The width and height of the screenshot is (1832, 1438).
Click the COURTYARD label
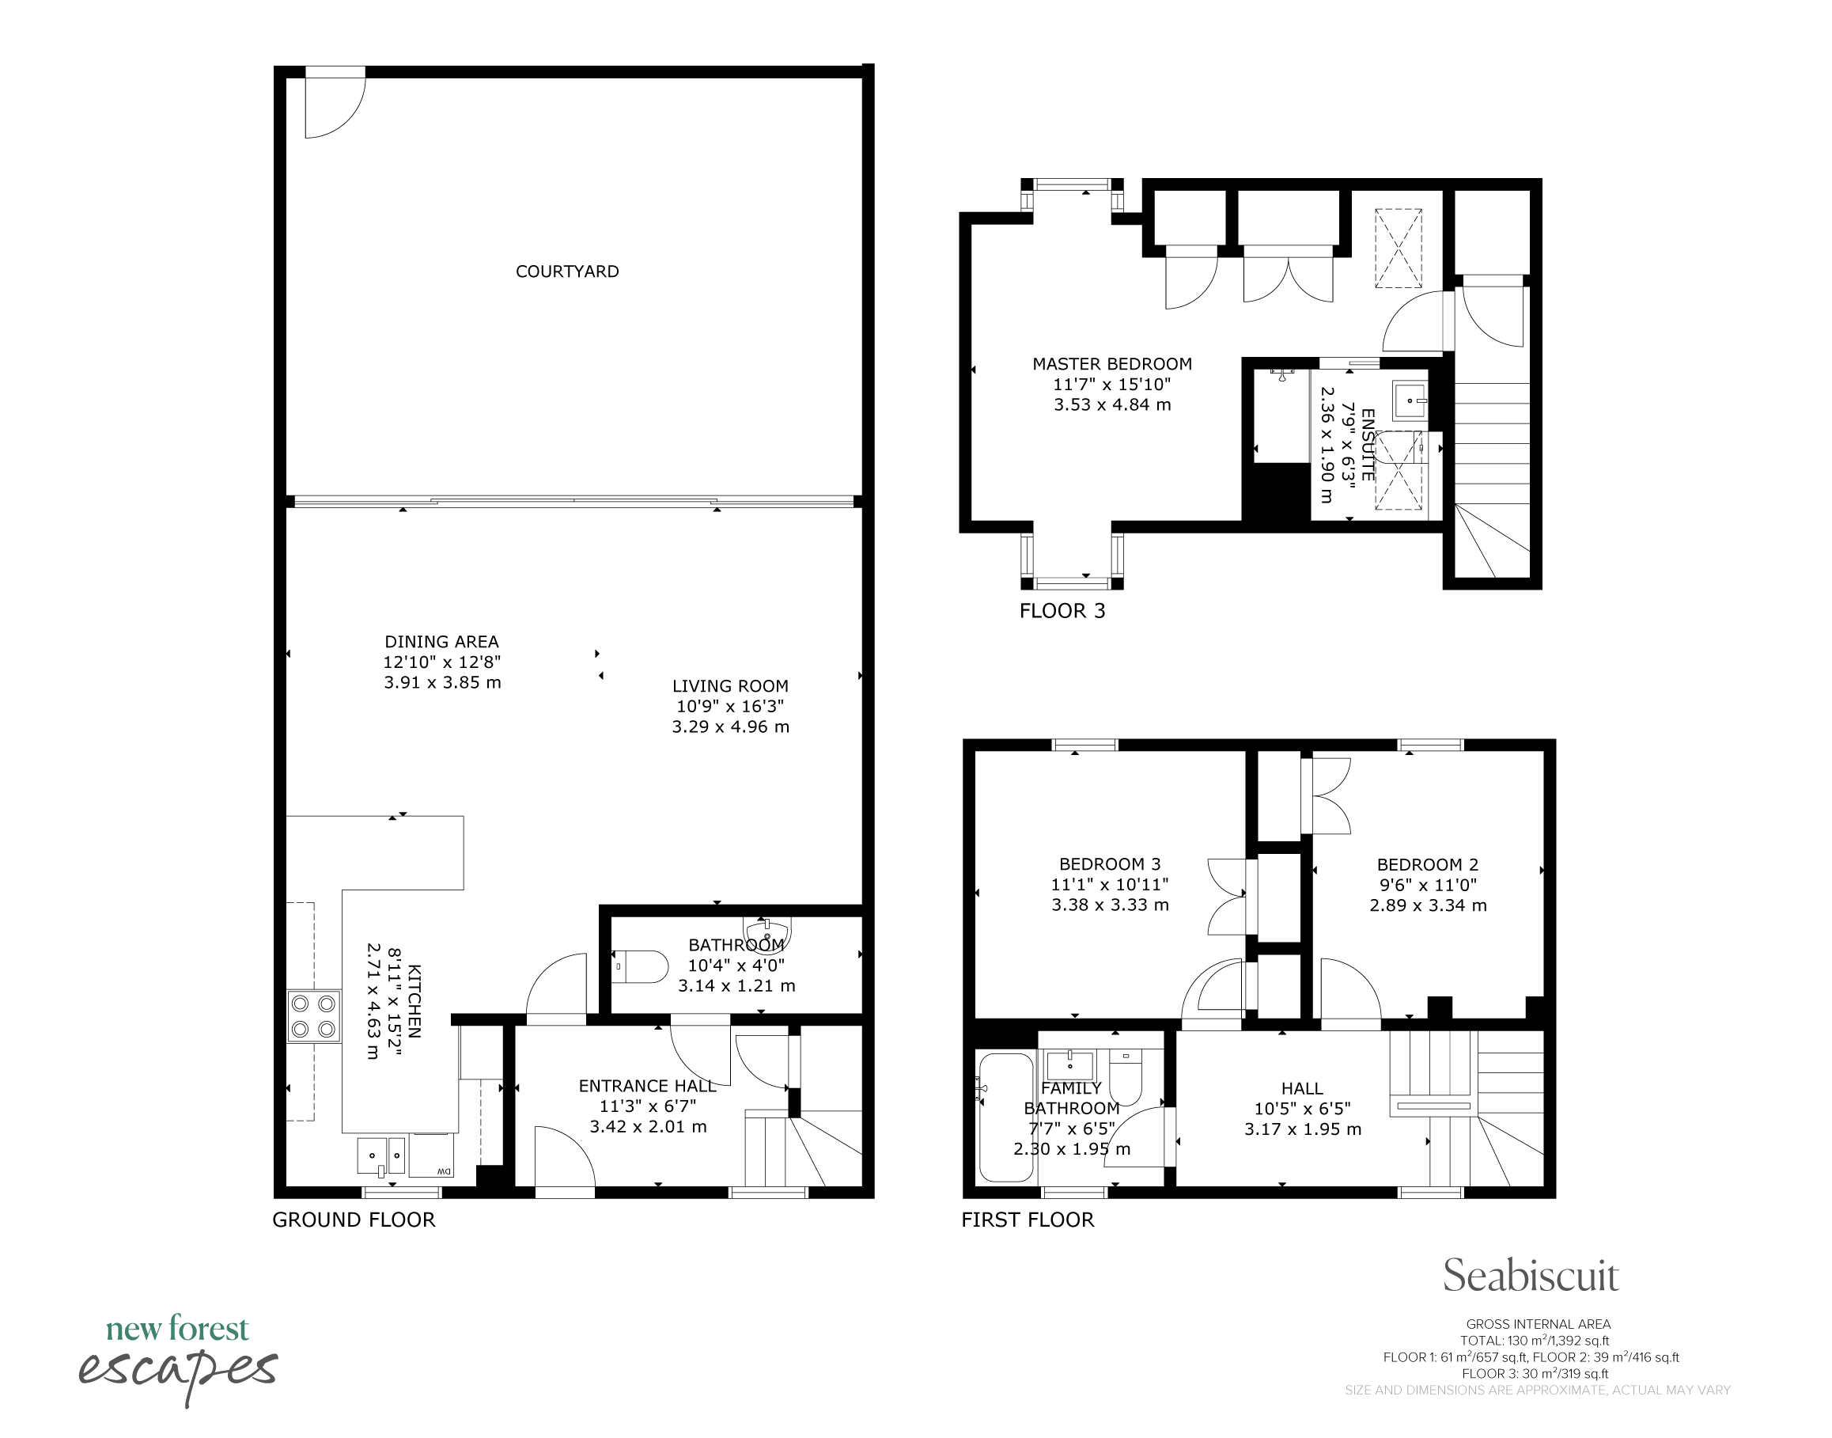coord(567,271)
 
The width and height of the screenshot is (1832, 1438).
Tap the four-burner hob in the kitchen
coord(314,1016)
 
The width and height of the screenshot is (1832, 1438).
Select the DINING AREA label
coord(442,642)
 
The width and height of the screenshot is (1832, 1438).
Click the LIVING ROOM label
coord(730,686)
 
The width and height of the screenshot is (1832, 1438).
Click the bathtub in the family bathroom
coord(1005,1117)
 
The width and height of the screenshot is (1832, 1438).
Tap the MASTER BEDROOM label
coord(1112,364)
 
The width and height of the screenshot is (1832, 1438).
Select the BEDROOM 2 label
coord(1427,865)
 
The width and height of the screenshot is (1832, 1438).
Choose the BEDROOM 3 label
coord(1110,863)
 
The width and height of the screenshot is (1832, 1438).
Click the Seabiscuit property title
coord(1531,1277)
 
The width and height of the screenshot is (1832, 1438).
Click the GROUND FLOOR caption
coord(354,1220)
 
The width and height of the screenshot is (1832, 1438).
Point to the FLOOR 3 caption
coord(1062,611)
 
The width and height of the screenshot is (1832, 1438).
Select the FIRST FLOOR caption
coord(1028,1220)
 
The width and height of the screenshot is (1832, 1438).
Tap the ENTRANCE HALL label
coord(647,1086)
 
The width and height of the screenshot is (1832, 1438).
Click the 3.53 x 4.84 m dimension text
coord(1112,405)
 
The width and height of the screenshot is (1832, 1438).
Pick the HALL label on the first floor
coord(1302,1089)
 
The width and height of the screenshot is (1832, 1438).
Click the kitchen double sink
coord(381,1155)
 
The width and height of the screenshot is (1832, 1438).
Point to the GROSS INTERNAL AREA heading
coord(1539,1324)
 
